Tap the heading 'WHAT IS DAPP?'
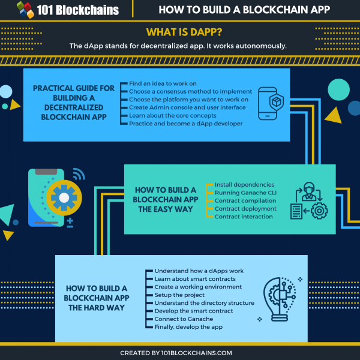click(179, 32)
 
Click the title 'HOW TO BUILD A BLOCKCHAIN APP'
click(245, 10)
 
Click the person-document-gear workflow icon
click(308, 200)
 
